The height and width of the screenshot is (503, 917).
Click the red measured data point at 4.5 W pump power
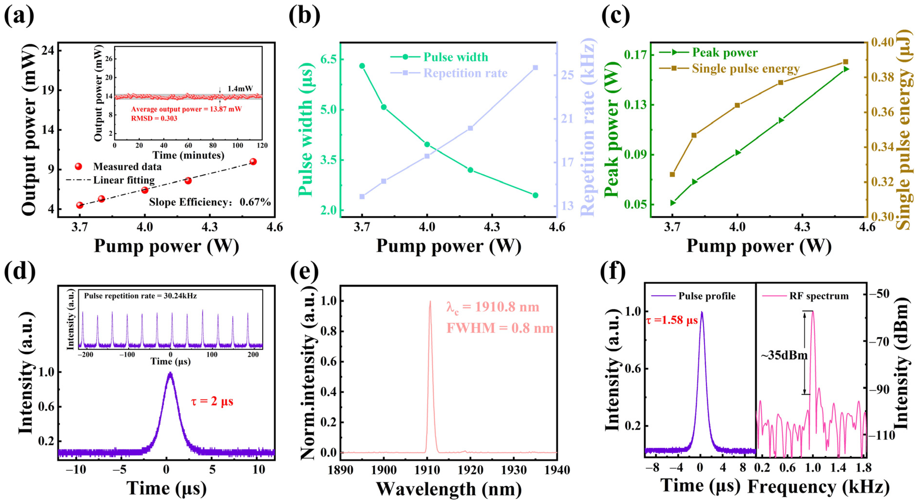click(x=253, y=162)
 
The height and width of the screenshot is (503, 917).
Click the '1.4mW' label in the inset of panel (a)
click(x=240, y=89)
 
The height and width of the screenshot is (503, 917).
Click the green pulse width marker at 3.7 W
click(x=362, y=66)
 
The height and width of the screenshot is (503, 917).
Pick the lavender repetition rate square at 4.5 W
click(x=535, y=67)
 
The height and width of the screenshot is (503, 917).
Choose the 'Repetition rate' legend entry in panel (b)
click(x=465, y=73)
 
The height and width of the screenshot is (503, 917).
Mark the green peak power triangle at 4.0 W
click(x=737, y=152)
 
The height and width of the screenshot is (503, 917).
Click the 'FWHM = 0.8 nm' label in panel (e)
click(x=500, y=328)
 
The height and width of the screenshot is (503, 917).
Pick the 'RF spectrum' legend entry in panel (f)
click(x=819, y=296)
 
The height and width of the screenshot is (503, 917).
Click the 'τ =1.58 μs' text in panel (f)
click(x=671, y=320)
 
